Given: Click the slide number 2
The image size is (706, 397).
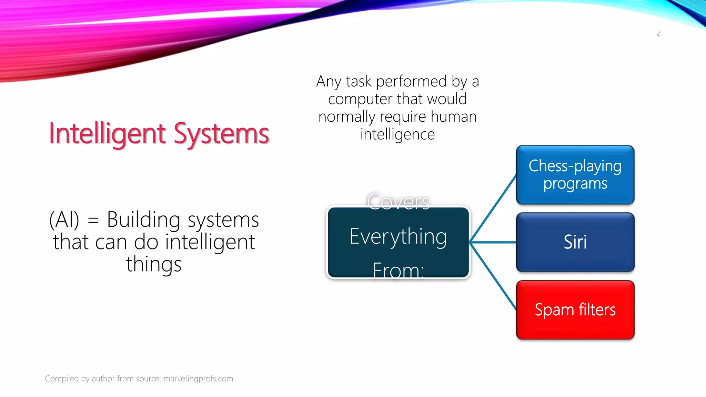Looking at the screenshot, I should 658,33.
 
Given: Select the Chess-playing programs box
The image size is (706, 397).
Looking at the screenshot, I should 575,175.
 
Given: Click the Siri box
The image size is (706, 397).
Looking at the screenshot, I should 575,242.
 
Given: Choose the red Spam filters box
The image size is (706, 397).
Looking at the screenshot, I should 575,310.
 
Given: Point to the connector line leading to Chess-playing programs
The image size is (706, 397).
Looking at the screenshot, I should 493,208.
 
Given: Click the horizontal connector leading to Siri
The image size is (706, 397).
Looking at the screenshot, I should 493,242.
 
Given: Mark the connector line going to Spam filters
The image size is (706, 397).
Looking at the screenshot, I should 493,276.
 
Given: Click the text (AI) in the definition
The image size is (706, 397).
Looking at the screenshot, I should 64,220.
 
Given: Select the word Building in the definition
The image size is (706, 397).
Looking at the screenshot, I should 143,220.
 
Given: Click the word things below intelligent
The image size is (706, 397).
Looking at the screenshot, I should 154,265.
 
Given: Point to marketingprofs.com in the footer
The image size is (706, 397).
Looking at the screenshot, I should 198,378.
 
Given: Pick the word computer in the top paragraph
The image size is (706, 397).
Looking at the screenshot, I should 360,99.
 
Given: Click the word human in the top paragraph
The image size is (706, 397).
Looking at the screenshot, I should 453,116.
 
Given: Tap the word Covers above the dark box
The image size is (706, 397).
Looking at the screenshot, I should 398,201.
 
